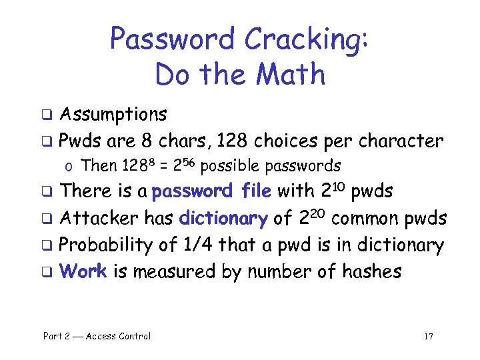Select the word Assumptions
pyautogui.click(x=113, y=115)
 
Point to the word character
pyautogui.click(x=401, y=141)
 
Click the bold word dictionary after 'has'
pyautogui.click(x=223, y=219)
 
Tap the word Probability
pyautogui.click(x=106, y=245)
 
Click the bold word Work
pyautogui.click(x=83, y=272)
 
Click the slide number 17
pyautogui.click(x=428, y=336)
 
